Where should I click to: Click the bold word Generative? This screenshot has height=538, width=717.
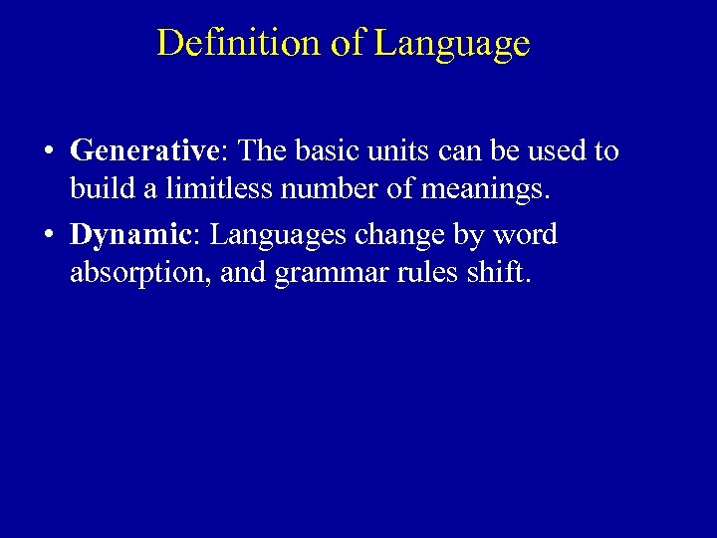[143, 151]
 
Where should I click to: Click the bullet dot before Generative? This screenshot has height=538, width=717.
[49, 152]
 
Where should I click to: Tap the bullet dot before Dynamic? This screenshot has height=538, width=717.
[49, 237]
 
